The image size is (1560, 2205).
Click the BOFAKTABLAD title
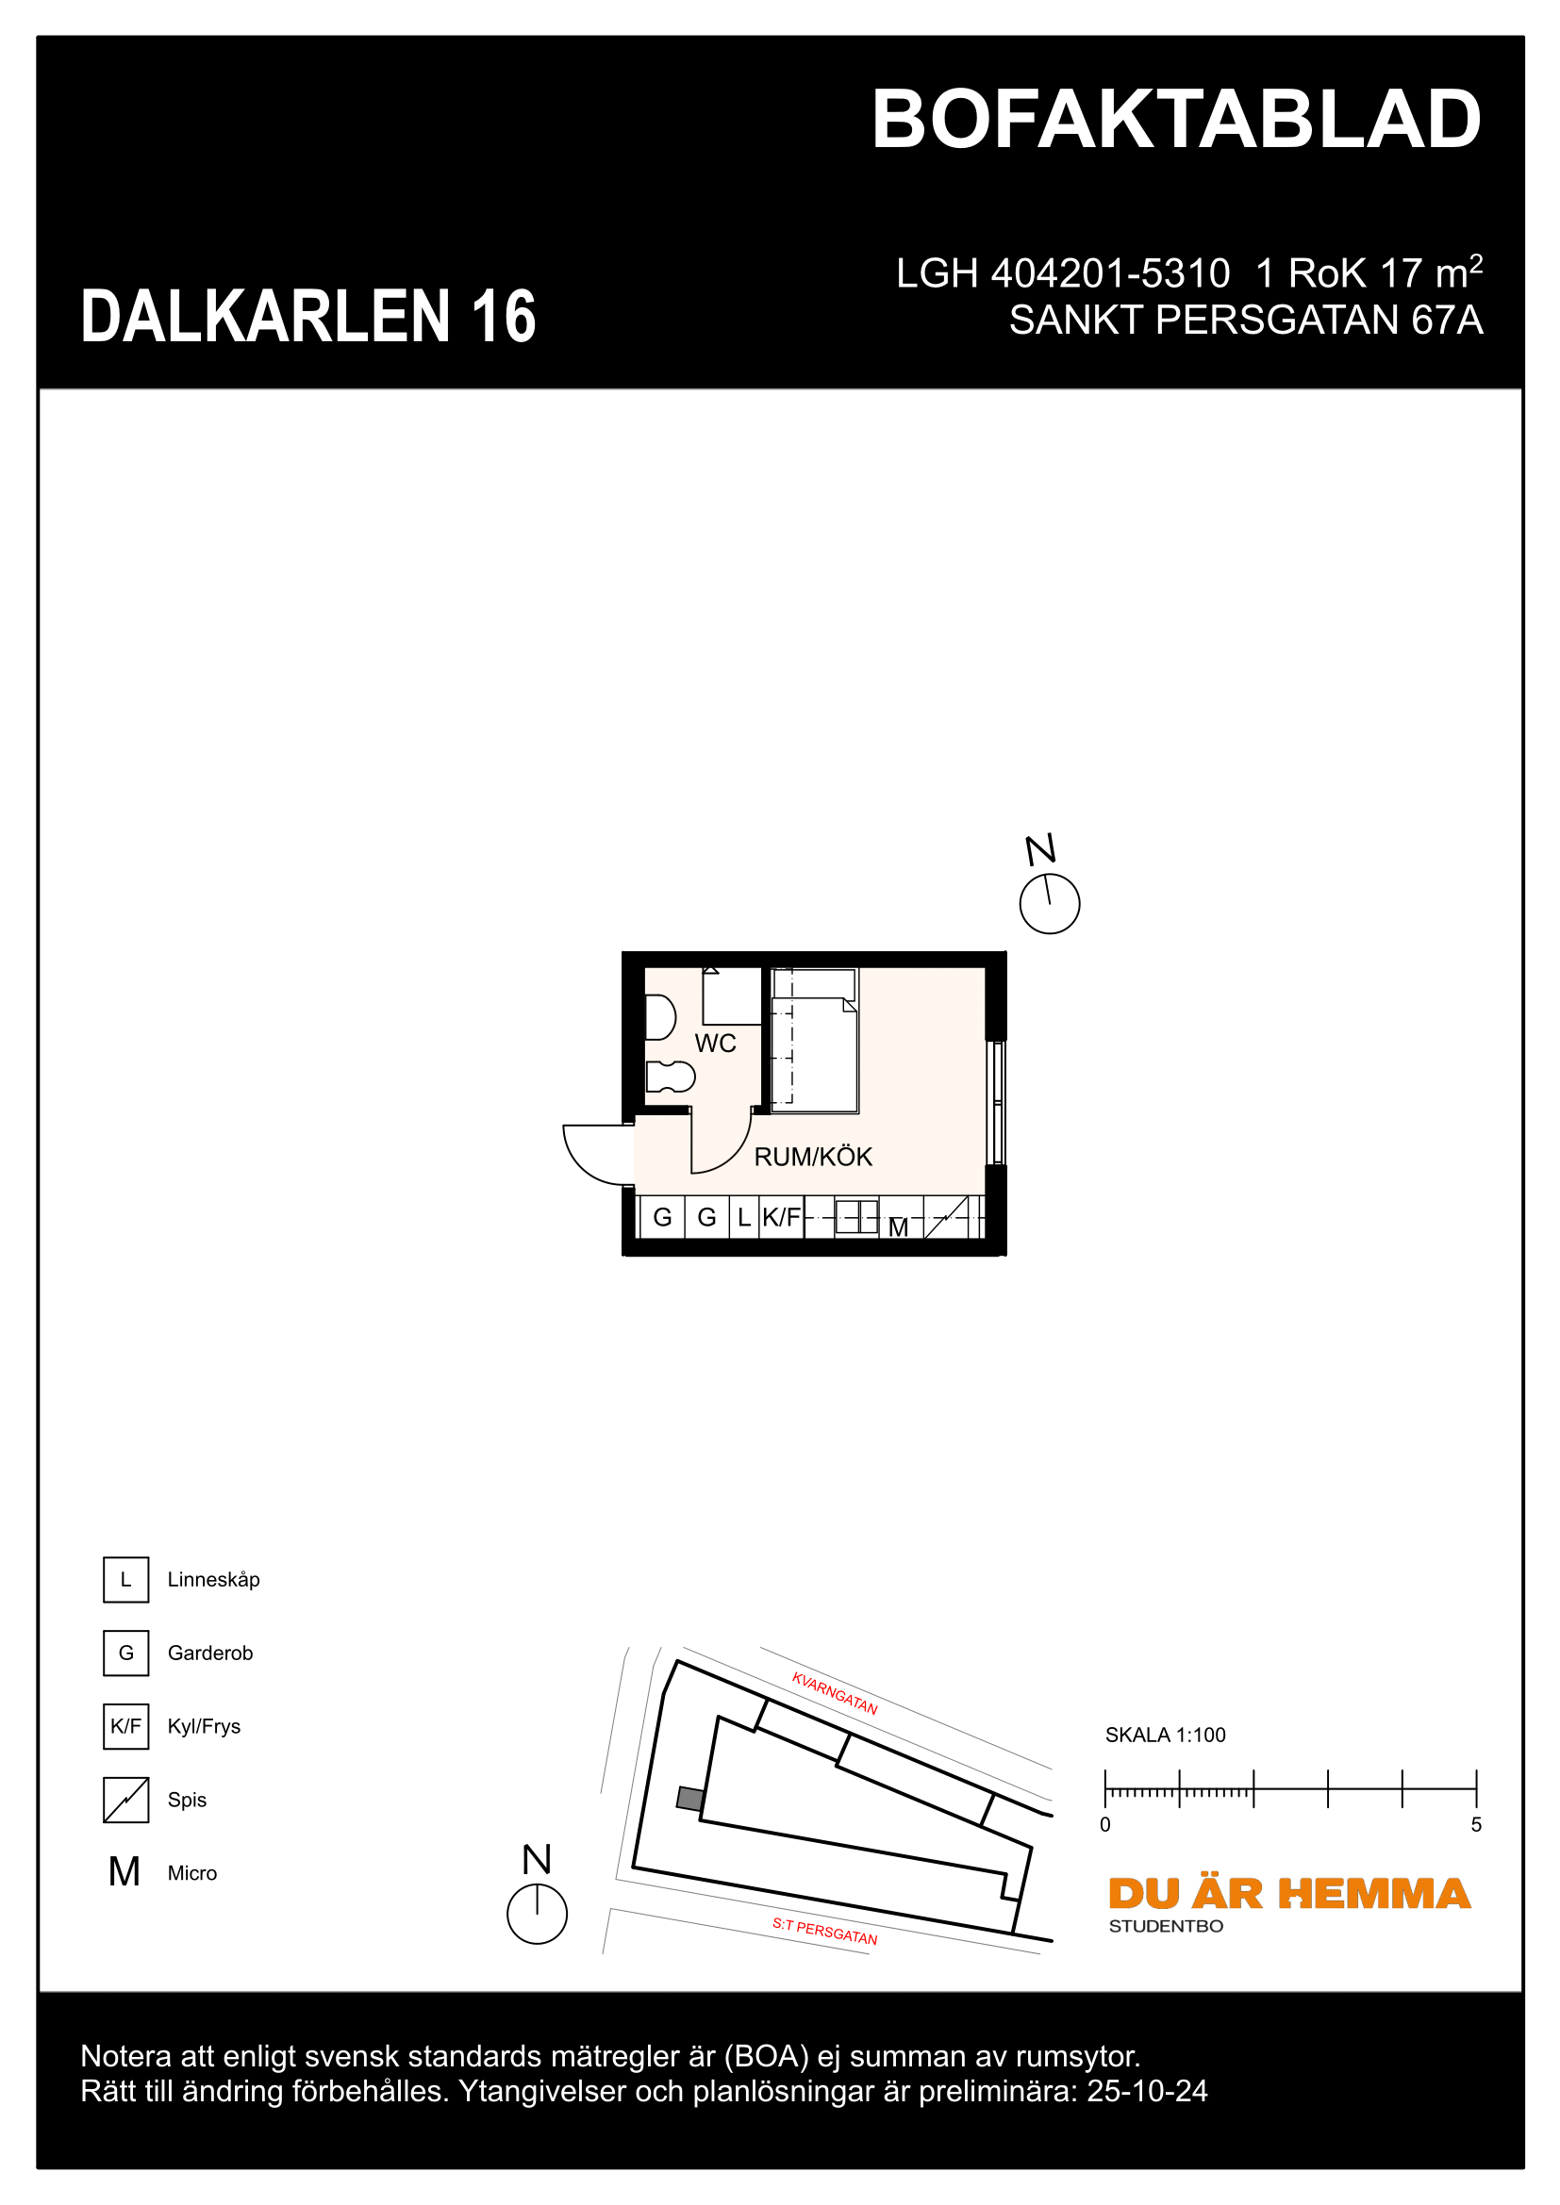point(1176,121)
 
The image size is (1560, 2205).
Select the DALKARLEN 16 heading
point(308,317)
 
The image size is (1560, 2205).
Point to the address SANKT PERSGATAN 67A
point(1245,321)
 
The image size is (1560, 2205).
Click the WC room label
point(715,1044)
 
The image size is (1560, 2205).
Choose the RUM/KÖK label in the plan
point(813,1158)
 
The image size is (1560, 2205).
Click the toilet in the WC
point(670,1077)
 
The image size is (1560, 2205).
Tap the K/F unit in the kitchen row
point(781,1218)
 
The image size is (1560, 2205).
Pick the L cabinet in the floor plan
point(743,1218)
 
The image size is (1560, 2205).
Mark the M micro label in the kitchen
point(898,1227)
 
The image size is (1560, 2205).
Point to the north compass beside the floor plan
point(1049,903)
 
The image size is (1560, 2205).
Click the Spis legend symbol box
point(125,1800)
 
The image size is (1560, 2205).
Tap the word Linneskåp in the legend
point(213,1580)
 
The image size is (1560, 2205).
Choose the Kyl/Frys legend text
point(204,1727)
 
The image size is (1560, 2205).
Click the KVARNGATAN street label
point(834,1693)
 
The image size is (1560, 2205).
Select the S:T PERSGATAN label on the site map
point(824,1931)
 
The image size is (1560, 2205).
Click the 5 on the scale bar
point(1475,1825)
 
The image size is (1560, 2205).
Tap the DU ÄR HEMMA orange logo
point(1288,1894)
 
